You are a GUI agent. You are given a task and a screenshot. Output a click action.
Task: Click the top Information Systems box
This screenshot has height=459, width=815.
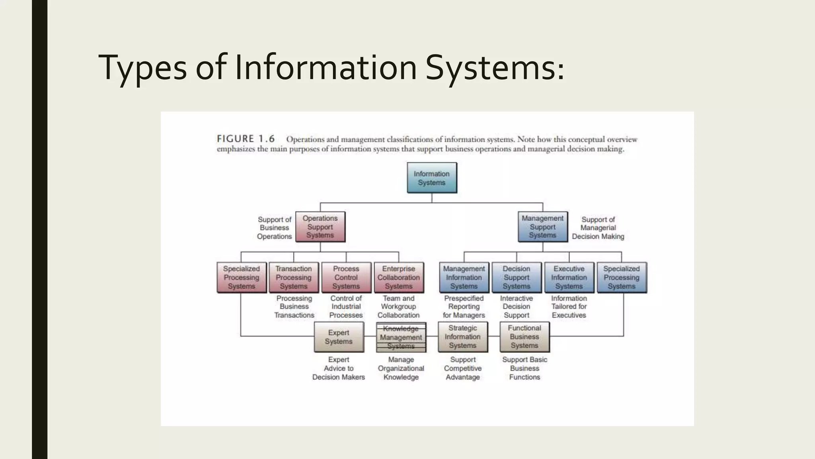(432, 178)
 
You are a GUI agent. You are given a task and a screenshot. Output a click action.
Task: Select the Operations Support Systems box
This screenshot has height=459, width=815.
(320, 227)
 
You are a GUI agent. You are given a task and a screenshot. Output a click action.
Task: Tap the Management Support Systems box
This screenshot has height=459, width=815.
(542, 227)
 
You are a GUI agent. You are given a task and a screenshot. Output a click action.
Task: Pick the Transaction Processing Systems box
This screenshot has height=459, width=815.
(294, 277)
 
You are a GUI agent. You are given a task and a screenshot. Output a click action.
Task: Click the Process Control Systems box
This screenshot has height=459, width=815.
(346, 277)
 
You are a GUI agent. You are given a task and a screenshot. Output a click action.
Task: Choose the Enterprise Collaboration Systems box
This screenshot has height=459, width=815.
(399, 277)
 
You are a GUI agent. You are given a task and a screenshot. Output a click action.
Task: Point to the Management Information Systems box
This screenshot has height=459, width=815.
(464, 277)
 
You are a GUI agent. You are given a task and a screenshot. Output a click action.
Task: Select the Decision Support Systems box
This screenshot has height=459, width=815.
(517, 277)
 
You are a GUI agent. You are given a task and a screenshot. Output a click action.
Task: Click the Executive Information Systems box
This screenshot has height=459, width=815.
(569, 277)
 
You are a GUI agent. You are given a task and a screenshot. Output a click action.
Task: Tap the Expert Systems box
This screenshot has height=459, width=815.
(339, 337)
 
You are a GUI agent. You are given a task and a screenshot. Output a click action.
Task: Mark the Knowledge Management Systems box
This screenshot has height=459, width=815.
(401, 337)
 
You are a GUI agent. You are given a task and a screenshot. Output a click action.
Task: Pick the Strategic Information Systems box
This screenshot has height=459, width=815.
(463, 337)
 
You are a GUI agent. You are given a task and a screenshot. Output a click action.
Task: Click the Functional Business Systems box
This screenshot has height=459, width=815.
(524, 337)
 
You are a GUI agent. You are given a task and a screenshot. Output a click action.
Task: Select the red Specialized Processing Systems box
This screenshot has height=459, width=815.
(242, 277)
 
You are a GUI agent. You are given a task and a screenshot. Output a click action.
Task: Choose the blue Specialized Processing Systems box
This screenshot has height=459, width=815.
(622, 277)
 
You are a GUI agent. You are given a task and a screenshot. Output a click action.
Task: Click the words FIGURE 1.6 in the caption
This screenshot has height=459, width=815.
(246, 139)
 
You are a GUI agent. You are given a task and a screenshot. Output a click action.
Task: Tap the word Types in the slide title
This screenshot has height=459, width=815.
(142, 68)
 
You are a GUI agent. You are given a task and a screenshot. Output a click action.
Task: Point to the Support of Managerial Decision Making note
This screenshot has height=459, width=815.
(598, 228)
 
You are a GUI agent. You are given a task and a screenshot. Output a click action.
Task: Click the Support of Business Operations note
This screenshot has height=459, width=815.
(275, 228)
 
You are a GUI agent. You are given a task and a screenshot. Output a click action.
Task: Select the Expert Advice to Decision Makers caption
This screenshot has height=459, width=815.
(339, 369)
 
